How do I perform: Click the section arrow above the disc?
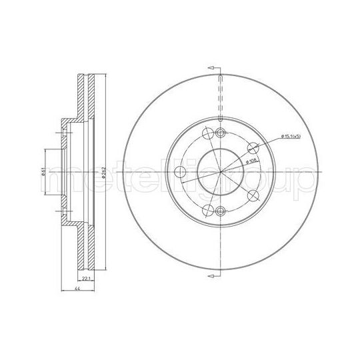212,69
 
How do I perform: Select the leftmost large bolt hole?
178,173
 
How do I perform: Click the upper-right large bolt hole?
253,149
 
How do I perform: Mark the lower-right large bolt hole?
253,196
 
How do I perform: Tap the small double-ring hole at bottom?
220,213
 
